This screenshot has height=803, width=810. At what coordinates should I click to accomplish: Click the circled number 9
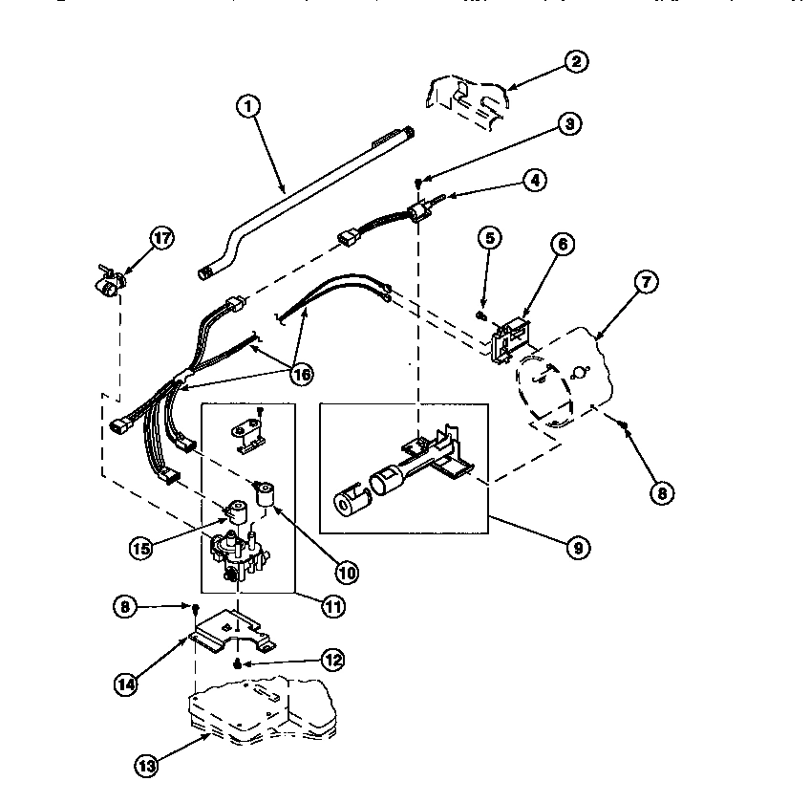pos(578,548)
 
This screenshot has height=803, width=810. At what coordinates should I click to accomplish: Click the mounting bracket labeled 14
pos(229,634)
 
